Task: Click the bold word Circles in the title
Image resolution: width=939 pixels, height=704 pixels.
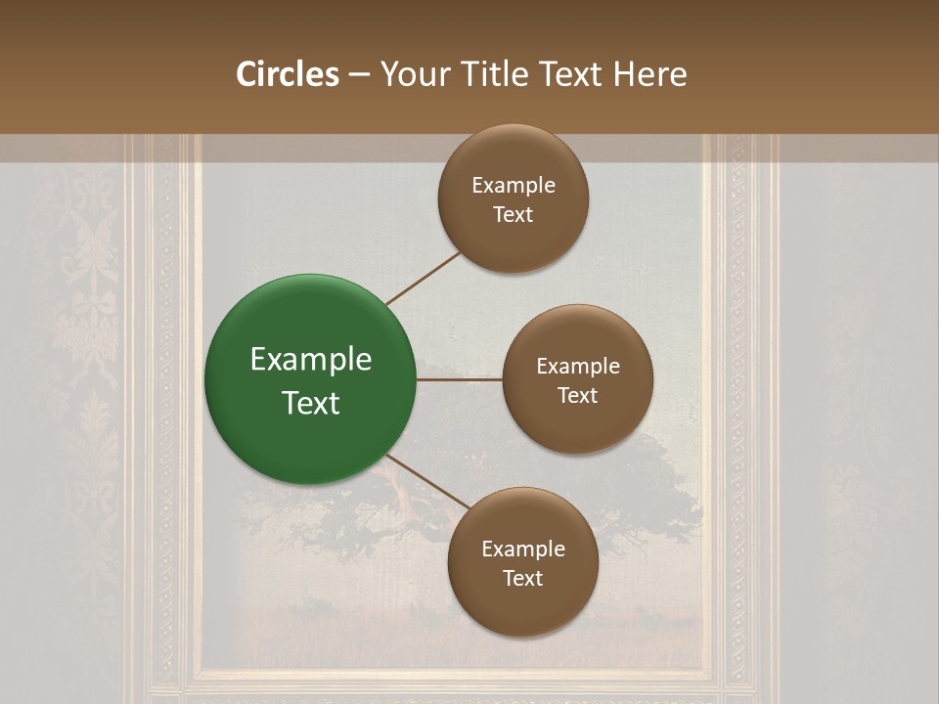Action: [288, 74]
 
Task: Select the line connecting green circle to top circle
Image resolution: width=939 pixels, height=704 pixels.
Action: [424, 279]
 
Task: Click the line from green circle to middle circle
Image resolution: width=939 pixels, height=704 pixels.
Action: [460, 380]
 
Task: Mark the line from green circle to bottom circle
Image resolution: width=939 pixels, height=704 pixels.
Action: [427, 482]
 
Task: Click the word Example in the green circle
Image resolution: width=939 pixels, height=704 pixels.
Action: [311, 360]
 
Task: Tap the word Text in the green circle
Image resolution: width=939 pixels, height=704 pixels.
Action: [311, 403]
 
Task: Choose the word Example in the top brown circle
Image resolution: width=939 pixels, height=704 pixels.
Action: [514, 186]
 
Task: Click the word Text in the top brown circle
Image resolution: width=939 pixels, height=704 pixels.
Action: [514, 215]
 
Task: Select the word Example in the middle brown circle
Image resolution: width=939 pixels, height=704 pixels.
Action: [578, 367]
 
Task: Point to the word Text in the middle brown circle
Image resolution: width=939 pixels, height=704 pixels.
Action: [578, 396]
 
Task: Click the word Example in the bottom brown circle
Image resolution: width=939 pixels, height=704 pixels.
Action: [523, 550]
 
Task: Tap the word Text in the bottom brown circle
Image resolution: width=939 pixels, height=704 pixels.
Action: [523, 579]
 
